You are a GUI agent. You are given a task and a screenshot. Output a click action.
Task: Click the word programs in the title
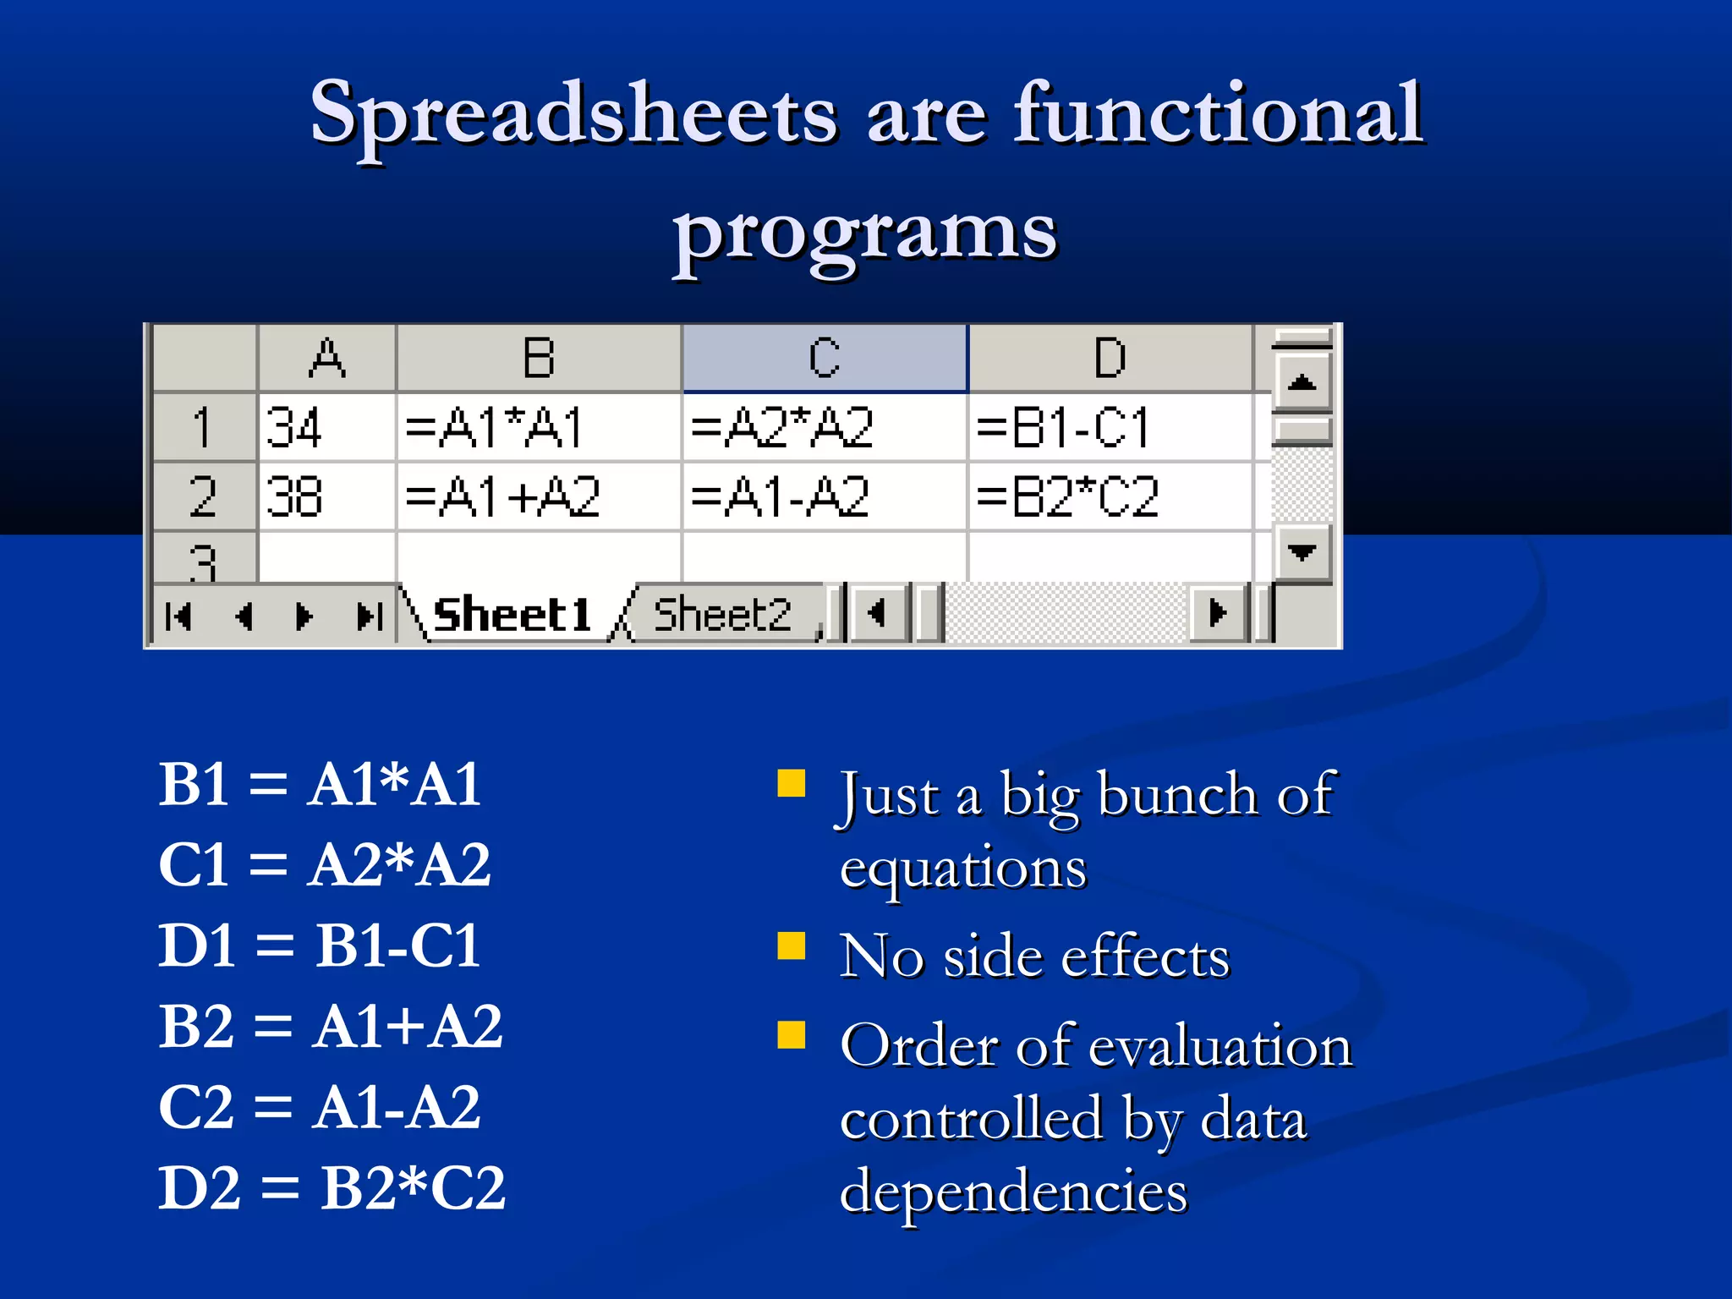coord(864,233)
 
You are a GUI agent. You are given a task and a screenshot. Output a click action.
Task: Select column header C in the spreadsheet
coord(825,359)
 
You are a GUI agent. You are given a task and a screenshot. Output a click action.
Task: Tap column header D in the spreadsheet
coord(1110,359)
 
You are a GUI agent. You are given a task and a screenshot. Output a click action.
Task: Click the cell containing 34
coord(326,427)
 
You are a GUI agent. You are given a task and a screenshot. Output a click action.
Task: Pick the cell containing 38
coord(326,496)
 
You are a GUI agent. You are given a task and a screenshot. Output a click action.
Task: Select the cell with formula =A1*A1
coord(538,427)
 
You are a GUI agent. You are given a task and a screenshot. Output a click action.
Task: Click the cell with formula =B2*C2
coord(1110,496)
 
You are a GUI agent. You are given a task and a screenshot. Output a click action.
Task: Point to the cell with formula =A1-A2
coord(824,496)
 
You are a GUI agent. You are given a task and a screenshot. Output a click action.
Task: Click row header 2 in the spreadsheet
coord(203,496)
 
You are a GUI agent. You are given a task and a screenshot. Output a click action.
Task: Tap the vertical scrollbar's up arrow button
coord(1302,383)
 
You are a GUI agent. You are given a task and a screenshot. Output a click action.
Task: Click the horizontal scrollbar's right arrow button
coord(1218,612)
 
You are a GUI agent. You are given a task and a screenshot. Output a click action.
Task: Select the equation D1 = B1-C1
coord(320,945)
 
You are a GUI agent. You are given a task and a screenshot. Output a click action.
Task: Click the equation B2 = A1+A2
coord(330,1027)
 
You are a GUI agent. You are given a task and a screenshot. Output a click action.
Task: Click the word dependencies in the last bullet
coord(1013,1191)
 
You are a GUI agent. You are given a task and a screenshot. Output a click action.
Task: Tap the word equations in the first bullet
coord(962,869)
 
